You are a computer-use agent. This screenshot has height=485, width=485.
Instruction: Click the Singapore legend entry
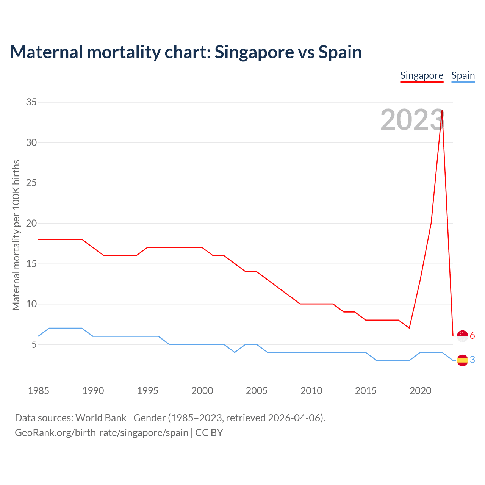[x=422, y=75]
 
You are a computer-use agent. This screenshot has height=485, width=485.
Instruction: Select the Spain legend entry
[x=463, y=75]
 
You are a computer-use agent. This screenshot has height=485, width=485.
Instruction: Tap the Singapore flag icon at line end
[x=462, y=336]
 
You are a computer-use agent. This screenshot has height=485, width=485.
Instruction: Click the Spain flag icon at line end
[x=462, y=360]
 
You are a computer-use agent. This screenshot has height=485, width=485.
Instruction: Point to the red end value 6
[x=472, y=336]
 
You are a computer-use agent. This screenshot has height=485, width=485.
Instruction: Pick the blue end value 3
[x=472, y=360]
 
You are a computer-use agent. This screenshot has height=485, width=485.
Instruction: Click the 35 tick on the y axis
[x=31, y=102]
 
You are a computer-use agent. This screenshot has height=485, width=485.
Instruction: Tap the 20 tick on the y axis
[x=31, y=223]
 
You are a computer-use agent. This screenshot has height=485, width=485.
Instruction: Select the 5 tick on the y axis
[x=34, y=344]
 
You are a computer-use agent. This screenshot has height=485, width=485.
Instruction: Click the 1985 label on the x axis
[x=38, y=391]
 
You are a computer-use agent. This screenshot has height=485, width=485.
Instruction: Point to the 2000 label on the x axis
[x=202, y=391]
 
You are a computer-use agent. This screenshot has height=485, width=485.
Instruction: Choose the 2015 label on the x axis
[x=366, y=391]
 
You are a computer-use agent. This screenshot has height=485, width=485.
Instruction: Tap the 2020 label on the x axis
[x=420, y=391]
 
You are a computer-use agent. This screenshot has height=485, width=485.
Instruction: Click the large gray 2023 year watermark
[x=412, y=120]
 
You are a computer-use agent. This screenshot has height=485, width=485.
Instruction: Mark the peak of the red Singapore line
[x=442, y=111]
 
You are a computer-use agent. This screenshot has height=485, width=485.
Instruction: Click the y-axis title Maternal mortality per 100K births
[x=16, y=235]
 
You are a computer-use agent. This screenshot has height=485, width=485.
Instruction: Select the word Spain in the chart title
[x=340, y=52]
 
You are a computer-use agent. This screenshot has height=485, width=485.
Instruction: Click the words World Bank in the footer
[x=101, y=418]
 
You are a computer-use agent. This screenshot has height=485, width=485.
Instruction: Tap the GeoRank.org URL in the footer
[x=102, y=433]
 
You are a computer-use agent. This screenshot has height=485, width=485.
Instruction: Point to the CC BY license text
[x=209, y=433]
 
